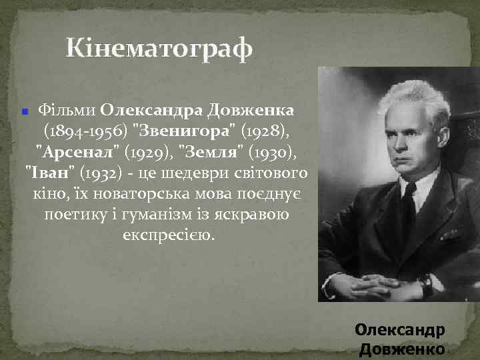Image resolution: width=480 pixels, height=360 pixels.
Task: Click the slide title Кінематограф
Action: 159,49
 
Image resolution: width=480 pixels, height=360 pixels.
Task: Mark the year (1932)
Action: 100,173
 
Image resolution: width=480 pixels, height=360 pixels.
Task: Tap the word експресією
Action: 169,237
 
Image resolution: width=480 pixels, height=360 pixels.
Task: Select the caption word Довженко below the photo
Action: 402,349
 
